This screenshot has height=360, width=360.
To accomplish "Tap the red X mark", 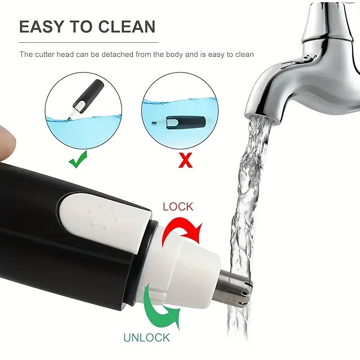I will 185,160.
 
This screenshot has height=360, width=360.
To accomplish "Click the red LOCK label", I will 178,207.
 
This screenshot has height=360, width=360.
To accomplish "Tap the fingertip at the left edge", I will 7,142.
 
